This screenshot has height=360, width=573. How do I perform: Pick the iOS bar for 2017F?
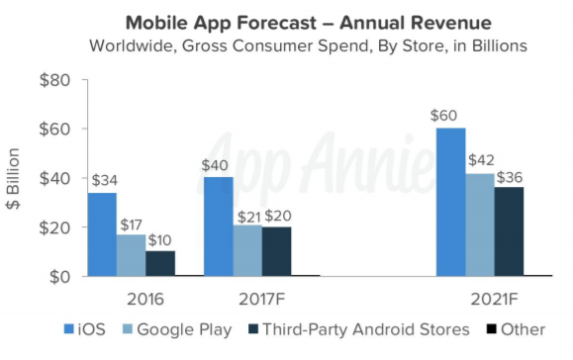(219, 226)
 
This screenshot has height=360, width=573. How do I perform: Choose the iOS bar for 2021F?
(450, 202)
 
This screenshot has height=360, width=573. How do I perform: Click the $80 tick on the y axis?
(53, 80)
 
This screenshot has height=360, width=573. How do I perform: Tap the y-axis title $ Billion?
(15, 178)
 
